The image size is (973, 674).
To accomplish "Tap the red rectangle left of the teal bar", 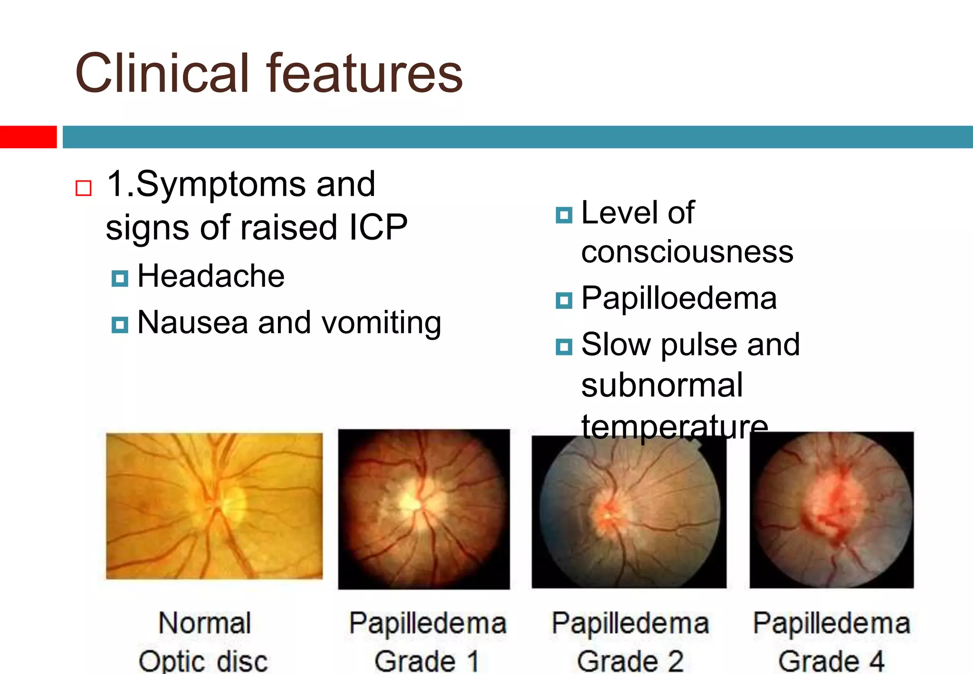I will pos(28,137).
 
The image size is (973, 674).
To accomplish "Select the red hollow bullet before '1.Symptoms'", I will pos(84,188).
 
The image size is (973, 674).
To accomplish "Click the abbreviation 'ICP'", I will pos(378,227).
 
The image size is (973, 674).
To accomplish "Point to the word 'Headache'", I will pos(211,276).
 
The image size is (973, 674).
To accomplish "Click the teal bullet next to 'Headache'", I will pos(120,279).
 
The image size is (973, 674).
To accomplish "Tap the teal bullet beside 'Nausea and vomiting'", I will pos(120,325).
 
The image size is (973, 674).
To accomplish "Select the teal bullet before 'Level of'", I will pos(564,215).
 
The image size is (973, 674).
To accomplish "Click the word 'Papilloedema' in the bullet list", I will pos(679,298).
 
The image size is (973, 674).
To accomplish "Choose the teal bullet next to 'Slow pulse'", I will pos(564,347).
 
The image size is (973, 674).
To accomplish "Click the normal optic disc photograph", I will pos(214,506).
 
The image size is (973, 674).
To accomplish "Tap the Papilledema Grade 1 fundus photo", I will pos(424,509).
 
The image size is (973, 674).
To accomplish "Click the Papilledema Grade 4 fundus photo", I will pos(831,510).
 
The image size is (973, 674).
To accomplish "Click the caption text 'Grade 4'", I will pos(831,661).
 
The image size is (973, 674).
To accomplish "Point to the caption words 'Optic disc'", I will pos(203,661).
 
